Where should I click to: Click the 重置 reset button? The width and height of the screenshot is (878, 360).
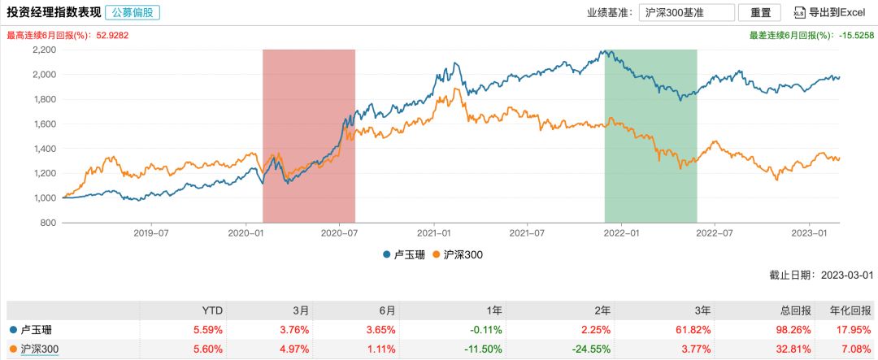click(761, 13)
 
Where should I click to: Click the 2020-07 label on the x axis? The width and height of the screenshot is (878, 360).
click(340, 233)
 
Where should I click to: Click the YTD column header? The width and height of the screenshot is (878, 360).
click(212, 310)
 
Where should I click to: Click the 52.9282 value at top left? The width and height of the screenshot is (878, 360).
click(113, 36)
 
